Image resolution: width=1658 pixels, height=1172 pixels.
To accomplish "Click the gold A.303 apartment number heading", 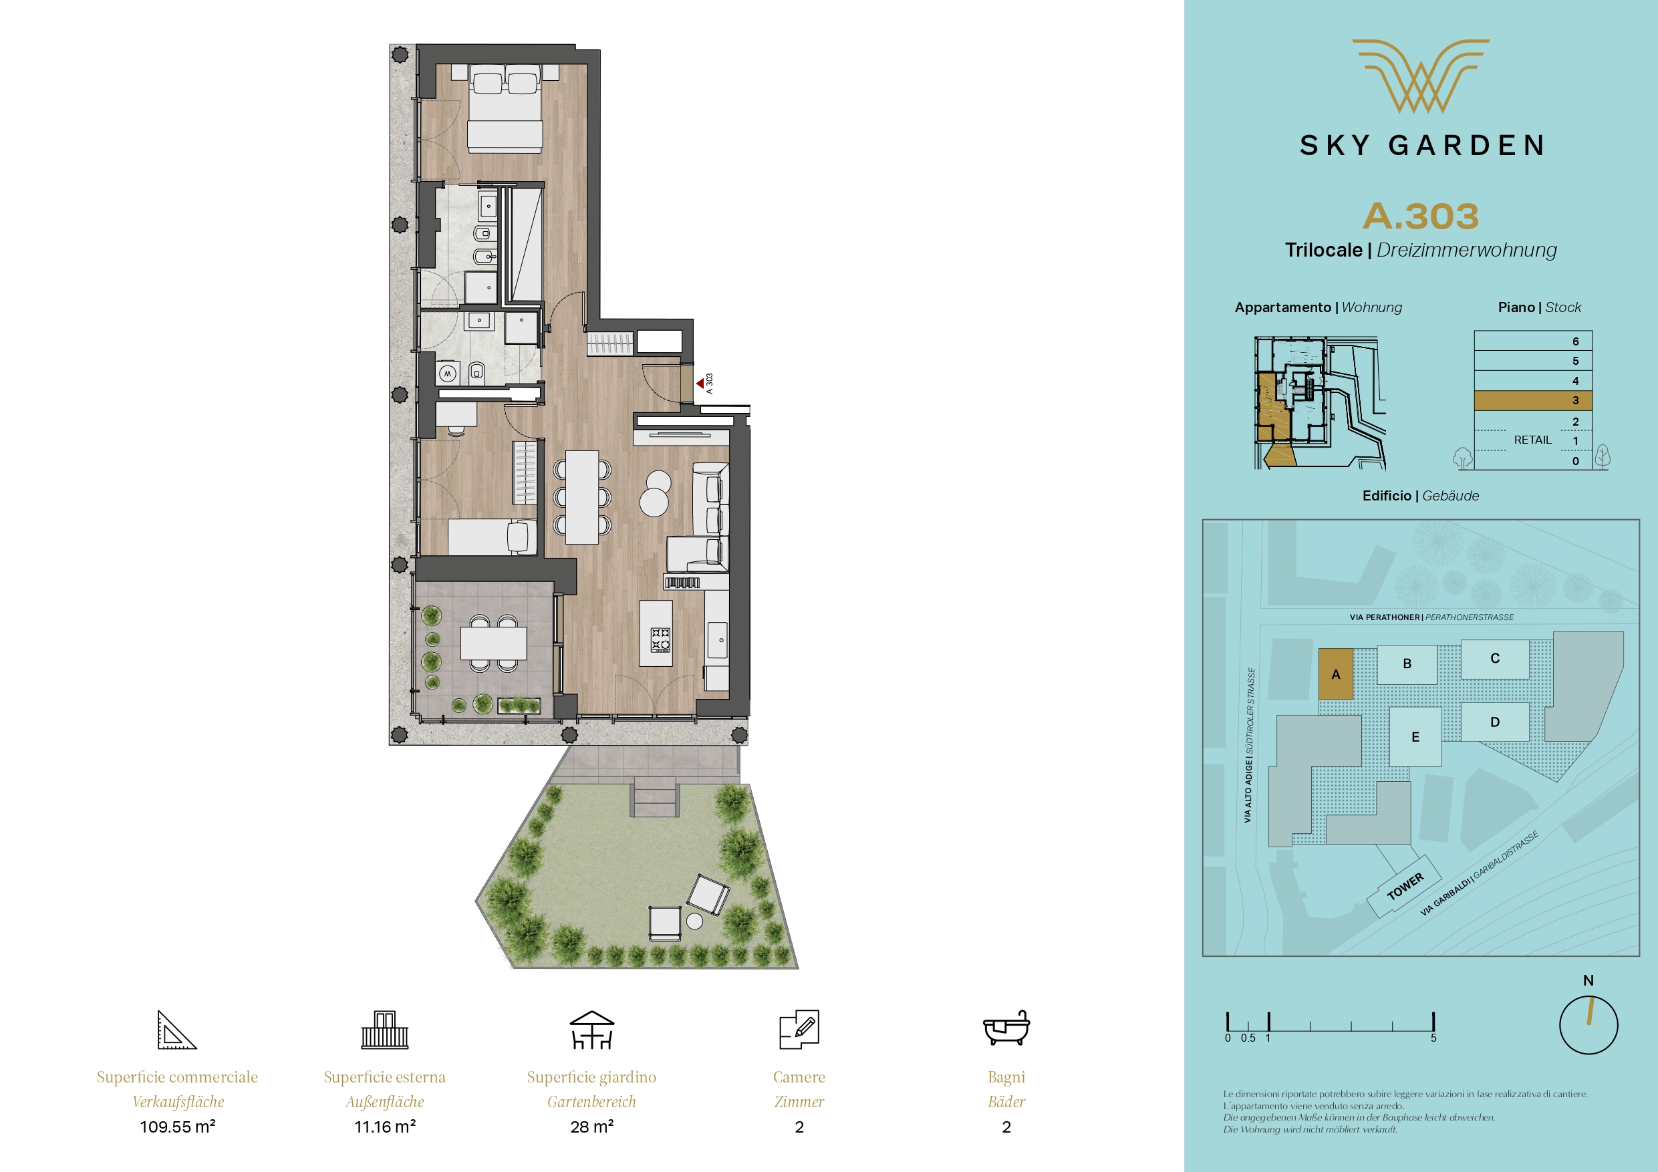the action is point(1420,216).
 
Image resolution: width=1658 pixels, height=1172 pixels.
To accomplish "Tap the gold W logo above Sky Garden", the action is point(1420,76).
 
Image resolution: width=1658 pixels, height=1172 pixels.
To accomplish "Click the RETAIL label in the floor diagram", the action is point(1532,440).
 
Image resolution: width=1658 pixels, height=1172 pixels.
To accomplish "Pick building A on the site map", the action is point(1335,674).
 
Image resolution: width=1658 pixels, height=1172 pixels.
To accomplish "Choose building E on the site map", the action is point(1415,736).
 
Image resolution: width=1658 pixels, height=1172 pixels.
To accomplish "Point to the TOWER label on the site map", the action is point(1405,886).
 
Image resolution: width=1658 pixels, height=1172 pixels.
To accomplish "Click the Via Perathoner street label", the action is point(1431,617).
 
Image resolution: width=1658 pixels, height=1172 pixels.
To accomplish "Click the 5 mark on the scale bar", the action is point(1433,1038).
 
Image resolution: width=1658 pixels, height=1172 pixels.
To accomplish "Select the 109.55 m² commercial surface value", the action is point(178,1127).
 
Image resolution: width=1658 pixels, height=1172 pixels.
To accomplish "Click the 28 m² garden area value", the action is point(591,1127).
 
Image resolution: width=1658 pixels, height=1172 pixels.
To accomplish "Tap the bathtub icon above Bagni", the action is point(1006,1028).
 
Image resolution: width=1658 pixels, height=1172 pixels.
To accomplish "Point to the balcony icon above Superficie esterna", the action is point(385,1030).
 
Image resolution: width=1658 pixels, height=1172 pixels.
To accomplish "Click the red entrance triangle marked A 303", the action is point(700,384).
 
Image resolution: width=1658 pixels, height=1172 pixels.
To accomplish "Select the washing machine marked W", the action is point(448,374).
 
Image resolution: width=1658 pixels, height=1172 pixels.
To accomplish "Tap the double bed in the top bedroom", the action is point(505,108).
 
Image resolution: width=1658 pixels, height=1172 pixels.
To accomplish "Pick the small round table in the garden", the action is point(695,921).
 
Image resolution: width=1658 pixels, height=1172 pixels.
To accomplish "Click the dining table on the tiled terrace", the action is point(493,643).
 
